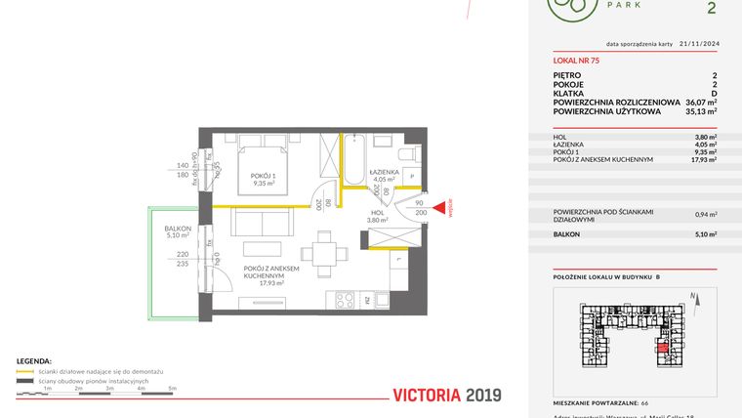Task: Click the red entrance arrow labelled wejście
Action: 440,207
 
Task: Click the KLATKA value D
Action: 714,94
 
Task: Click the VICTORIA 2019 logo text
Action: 446,396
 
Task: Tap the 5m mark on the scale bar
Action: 172,389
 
